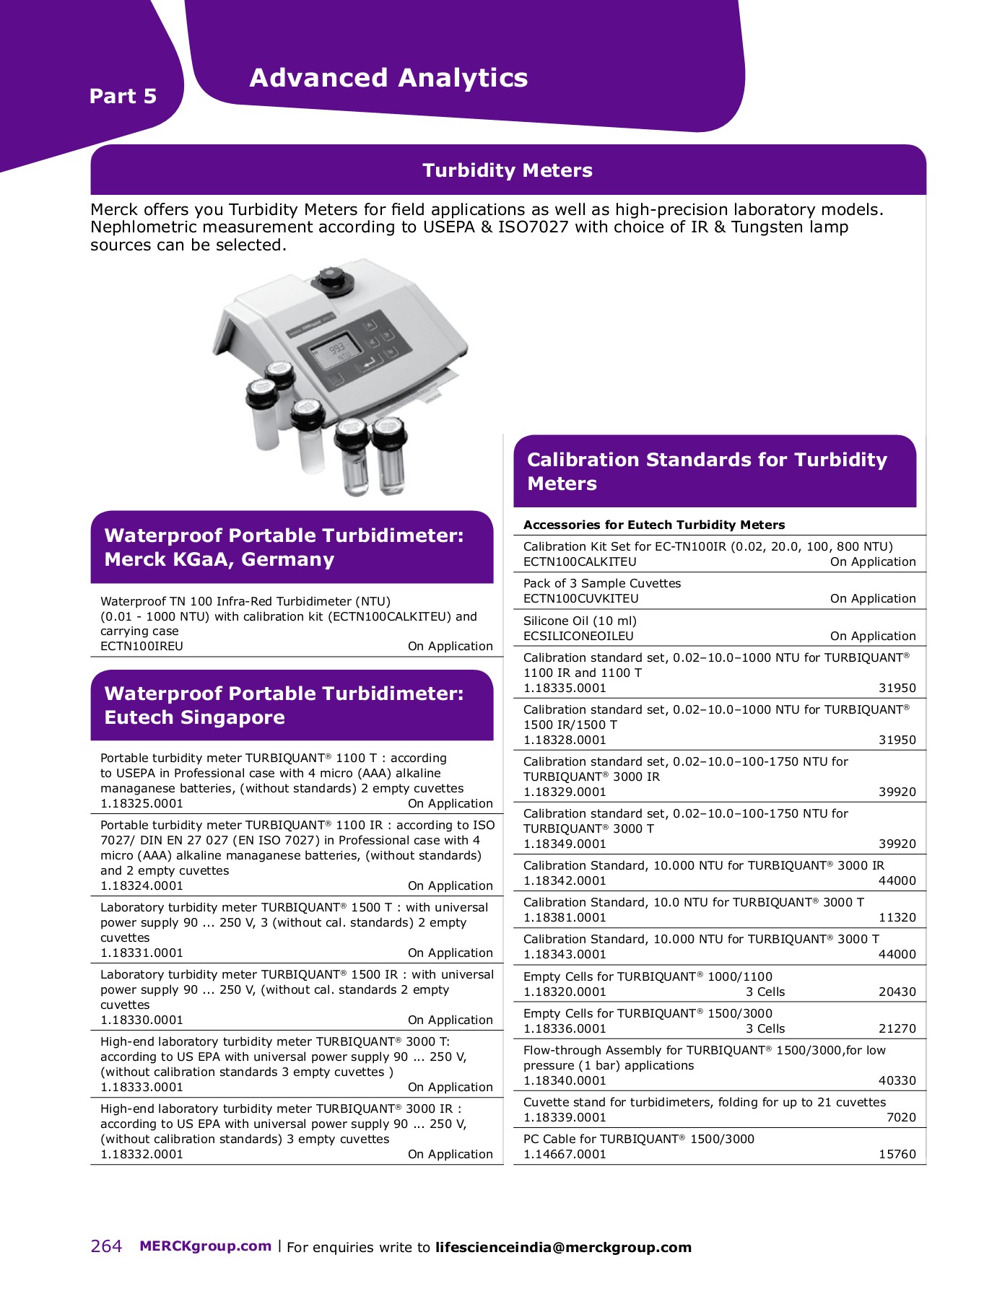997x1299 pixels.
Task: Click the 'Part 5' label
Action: tap(123, 96)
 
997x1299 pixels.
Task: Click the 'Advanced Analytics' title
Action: tap(388, 78)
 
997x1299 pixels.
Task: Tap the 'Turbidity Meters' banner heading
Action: tap(508, 170)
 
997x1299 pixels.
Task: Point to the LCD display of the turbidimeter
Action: tap(337, 353)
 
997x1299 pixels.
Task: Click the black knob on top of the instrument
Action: tap(333, 279)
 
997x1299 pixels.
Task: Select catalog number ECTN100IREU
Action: tap(142, 646)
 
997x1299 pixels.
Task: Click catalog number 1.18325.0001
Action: tap(142, 803)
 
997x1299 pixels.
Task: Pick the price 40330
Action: tap(897, 1080)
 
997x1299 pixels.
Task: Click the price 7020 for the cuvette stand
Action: tap(901, 1117)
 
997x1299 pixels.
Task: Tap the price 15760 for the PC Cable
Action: tap(897, 1154)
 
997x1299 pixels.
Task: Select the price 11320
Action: tap(897, 917)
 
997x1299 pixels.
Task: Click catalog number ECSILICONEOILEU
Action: tap(578, 636)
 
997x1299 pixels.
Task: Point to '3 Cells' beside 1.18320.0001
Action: tap(765, 992)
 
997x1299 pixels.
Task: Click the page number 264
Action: tap(106, 1246)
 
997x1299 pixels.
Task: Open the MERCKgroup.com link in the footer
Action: tap(205, 1246)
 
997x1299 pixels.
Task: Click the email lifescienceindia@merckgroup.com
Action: tap(563, 1247)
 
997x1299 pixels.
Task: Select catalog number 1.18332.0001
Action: tap(142, 1154)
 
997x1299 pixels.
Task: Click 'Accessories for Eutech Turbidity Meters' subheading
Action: tap(653, 525)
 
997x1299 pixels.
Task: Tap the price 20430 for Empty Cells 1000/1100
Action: tap(897, 992)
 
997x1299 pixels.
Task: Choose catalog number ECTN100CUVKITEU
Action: tap(580, 598)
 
